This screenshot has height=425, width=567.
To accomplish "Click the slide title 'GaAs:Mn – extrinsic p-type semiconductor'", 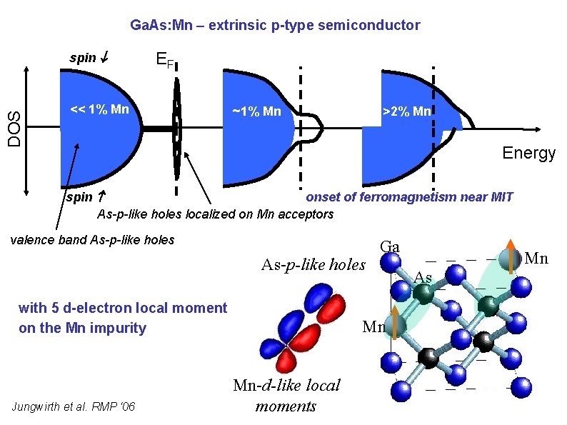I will [275, 26].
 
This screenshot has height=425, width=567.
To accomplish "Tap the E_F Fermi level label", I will [165, 60].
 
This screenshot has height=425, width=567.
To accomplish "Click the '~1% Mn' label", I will [257, 112].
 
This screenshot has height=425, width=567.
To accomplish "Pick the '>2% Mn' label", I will [407, 111].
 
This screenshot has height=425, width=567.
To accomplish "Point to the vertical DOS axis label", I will [14, 129].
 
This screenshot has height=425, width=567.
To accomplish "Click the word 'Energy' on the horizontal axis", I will [528, 153].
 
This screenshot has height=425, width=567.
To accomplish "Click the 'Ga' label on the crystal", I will [389, 247].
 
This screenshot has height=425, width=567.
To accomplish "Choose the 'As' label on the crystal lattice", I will [423, 277].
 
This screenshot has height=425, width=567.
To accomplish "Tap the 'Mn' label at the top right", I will [536, 258].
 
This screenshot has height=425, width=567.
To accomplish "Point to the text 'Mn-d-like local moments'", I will [286, 396].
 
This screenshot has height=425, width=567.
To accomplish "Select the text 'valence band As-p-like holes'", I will [92, 240].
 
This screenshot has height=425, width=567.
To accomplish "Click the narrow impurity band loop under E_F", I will [176, 129].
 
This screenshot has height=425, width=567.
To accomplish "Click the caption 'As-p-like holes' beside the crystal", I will [313, 265].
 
